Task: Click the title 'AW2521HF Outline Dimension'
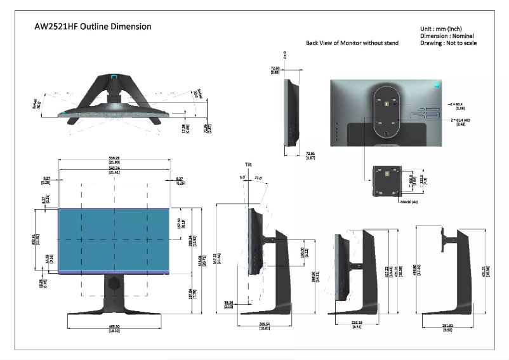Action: [x=93, y=27]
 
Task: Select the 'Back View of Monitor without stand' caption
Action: [x=353, y=43]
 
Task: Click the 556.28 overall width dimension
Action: [x=114, y=159]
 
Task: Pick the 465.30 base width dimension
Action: [x=115, y=328]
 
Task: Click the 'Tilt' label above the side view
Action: [x=249, y=164]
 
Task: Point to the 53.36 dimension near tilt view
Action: [x=228, y=304]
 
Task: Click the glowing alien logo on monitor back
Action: [x=437, y=84]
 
